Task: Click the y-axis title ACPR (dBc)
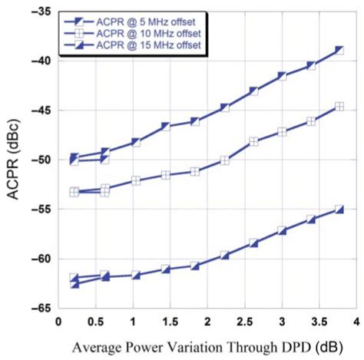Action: point(15,163)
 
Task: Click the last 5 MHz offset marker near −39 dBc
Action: point(339,51)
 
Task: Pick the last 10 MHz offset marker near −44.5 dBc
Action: point(339,107)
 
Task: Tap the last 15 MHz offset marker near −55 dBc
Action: point(339,210)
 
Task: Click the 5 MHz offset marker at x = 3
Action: point(282,76)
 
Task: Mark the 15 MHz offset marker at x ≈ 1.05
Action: point(136,275)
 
